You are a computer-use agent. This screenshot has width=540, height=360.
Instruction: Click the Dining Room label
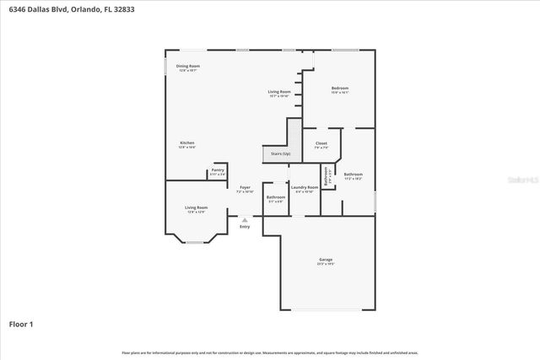point(187,66)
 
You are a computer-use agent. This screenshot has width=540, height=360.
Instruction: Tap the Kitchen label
point(187,143)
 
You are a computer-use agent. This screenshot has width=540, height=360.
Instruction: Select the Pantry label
point(218,170)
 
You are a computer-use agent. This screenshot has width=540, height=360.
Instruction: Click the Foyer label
point(245,187)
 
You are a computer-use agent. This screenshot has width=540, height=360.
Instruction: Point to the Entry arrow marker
point(245,218)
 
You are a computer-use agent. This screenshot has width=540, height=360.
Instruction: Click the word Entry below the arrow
point(245,226)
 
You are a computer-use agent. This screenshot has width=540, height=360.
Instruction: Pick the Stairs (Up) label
point(280,154)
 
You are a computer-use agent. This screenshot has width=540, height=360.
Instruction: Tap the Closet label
point(321,143)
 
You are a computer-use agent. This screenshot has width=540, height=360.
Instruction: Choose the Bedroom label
point(339,89)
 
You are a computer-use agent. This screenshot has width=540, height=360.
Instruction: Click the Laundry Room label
point(305,187)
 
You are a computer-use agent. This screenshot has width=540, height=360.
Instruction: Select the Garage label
point(326,260)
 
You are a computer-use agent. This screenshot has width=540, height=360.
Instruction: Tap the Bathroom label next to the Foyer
point(276,197)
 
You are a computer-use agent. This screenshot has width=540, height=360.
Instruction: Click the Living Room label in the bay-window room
point(197,207)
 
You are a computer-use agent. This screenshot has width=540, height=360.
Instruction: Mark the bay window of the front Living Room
point(195,243)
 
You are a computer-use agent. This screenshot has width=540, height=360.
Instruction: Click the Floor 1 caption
point(21,324)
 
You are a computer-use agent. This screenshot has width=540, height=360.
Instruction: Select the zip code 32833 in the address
point(124,8)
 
